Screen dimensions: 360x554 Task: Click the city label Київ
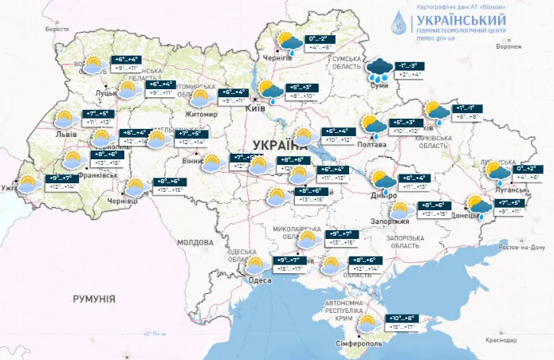pyautogui.click(x=255, y=108)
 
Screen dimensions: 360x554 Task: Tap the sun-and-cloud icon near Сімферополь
pyautogui.click(x=367, y=323)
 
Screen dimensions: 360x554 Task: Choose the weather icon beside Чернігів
pyautogui.click(x=287, y=41)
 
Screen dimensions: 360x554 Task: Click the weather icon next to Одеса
pyautogui.click(x=255, y=264)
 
